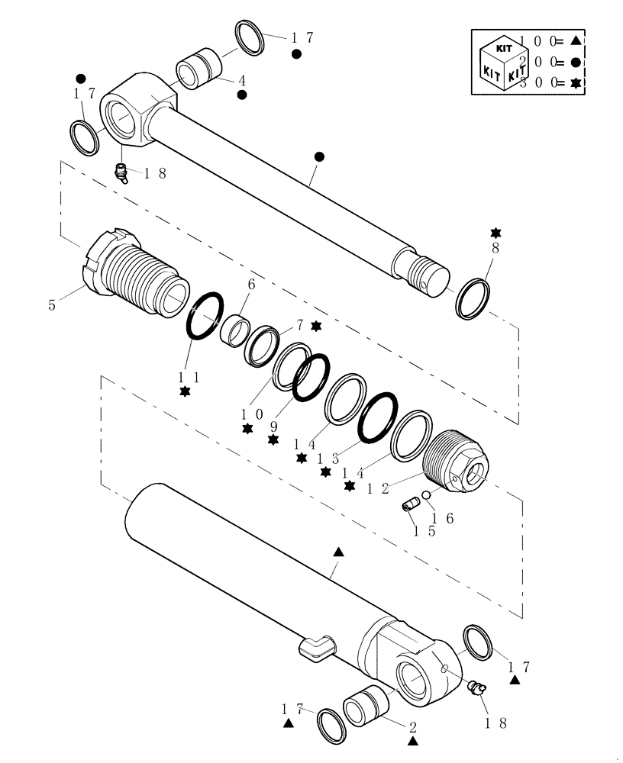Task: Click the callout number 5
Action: (x=53, y=306)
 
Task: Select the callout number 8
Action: (x=495, y=248)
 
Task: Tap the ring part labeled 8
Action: (x=473, y=299)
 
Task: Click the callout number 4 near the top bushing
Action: (x=241, y=79)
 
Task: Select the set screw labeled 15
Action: (x=413, y=505)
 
